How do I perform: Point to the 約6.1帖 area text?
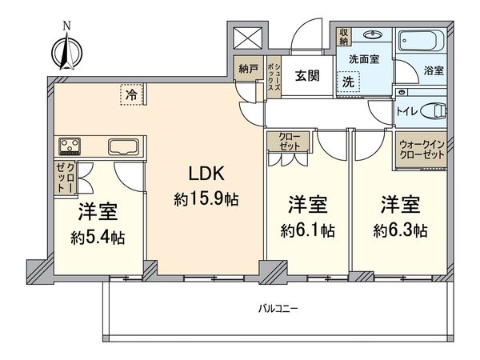click(x=308, y=230)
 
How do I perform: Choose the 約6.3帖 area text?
click(x=398, y=230)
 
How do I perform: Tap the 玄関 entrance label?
click(x=306, y=75)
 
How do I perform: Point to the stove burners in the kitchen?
click(x=70, y=146)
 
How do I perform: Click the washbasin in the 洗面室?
click(x=372, y=36)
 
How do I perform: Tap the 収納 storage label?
click(x=343, y=37)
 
